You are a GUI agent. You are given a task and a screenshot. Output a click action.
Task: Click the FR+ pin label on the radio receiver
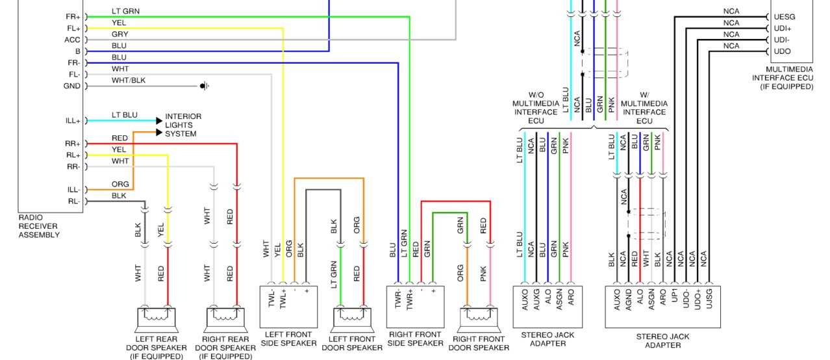(73, 16)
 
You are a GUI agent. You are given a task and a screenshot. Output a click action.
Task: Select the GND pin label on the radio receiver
(71, 86)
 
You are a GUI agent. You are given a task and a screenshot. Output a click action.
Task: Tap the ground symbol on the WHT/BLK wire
(204, 86)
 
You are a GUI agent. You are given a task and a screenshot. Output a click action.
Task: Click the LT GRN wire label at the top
(125, 12)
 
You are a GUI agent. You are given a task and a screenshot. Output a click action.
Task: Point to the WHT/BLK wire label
(129, 80)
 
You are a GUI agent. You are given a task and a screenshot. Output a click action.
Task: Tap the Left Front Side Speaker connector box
(288, 306)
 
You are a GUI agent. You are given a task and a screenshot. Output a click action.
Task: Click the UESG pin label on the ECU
(785, 17)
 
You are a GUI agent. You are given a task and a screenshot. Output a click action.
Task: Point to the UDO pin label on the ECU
(783, 51)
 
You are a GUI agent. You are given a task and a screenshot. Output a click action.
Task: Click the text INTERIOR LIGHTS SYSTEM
(182, 125)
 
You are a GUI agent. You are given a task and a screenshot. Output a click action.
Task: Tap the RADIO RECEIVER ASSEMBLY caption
(39, 226)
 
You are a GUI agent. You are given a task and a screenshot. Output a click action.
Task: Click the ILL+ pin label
(72, 121)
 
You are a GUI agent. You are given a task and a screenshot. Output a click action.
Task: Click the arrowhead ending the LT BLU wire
(158, 121)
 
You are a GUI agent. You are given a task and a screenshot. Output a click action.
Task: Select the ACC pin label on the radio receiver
(72, 40)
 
